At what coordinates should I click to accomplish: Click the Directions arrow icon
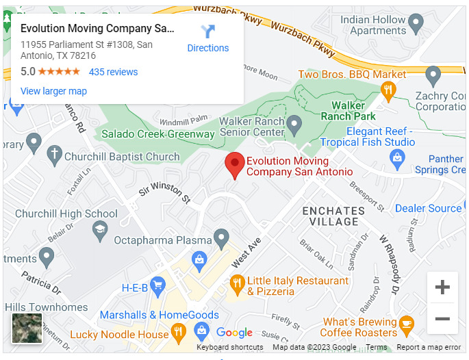(208, 31)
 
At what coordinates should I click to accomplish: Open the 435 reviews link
(113, 72)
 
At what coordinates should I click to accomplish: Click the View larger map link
(53, 91)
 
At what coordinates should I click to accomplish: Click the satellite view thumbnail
(27, 328)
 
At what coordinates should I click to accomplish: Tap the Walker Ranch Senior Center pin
(294, 125)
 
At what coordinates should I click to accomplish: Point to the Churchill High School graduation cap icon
(101, 229)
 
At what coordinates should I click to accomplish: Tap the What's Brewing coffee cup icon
(406, 324)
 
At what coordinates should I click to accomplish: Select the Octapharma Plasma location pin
(220, 239)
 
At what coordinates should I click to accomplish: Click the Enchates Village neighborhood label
(333, 216)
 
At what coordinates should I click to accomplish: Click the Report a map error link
(429, 348)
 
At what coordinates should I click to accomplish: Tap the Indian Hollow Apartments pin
(416, 25)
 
